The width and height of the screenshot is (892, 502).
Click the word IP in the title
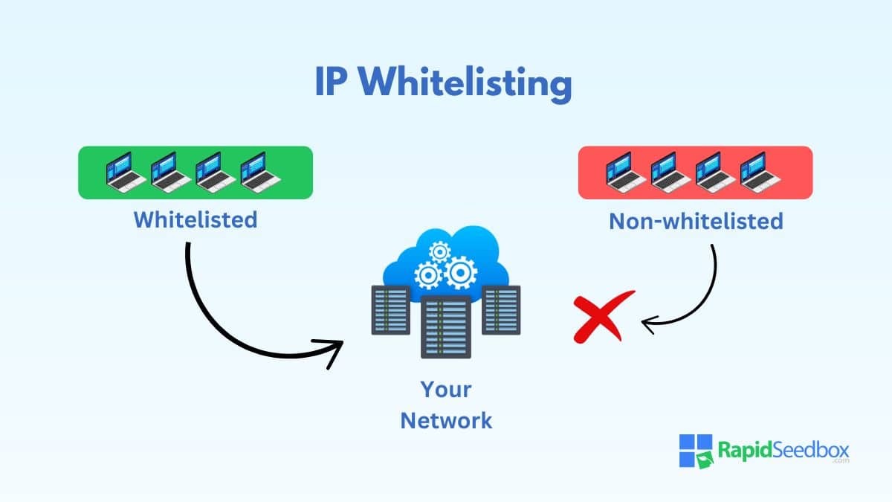[330, 81]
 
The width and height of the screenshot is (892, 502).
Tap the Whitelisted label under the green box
[195, 219]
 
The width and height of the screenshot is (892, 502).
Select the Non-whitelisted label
[696, 221]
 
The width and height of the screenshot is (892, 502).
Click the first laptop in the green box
[126, 173]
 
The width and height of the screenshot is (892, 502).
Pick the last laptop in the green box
[260, 173]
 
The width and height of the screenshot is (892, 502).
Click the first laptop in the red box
[625, 173]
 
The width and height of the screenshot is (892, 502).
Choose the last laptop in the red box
[760, 173]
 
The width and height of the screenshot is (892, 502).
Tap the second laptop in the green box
[170, 173]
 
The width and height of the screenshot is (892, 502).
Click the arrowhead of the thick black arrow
[331, 350]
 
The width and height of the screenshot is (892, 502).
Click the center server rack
[446, 327]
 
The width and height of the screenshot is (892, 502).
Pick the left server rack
[391, 310]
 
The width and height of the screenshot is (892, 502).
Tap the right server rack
[501, 310]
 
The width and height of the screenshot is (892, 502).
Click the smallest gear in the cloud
[439, 252]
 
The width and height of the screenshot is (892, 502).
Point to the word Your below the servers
[446, 389]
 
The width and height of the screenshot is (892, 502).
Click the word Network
[446, 421]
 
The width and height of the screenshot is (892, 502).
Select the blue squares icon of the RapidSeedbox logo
[696, 451]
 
